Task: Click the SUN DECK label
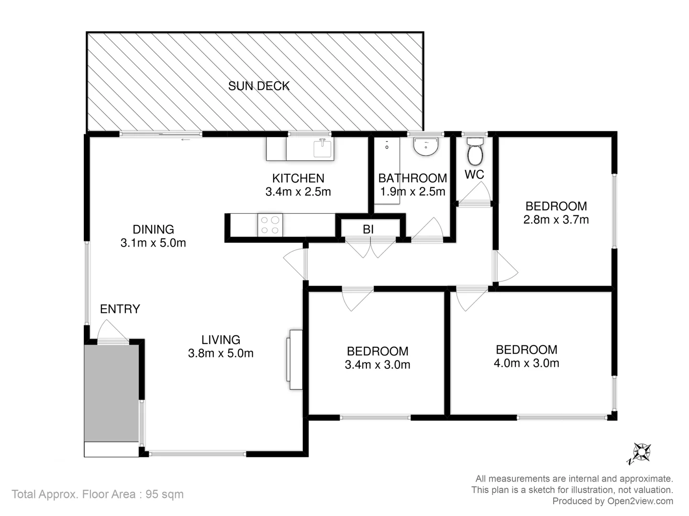coord(259,86)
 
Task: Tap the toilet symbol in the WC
coord(475,152)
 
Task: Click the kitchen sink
coord(323,148)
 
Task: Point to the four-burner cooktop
coord(270,225)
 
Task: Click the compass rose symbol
coord(641,452)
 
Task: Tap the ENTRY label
coord(120,309)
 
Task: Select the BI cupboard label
coord(368,229)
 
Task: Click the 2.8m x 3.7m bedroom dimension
coord(556,220)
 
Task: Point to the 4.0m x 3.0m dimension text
coord(526,363)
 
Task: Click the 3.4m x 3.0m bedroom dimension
coord(378,365)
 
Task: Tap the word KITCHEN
coord(298,178)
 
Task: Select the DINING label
coord(153,229)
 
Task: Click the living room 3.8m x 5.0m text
coord(221,354)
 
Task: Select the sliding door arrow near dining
coord(186,140)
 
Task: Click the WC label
coord(474,174)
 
